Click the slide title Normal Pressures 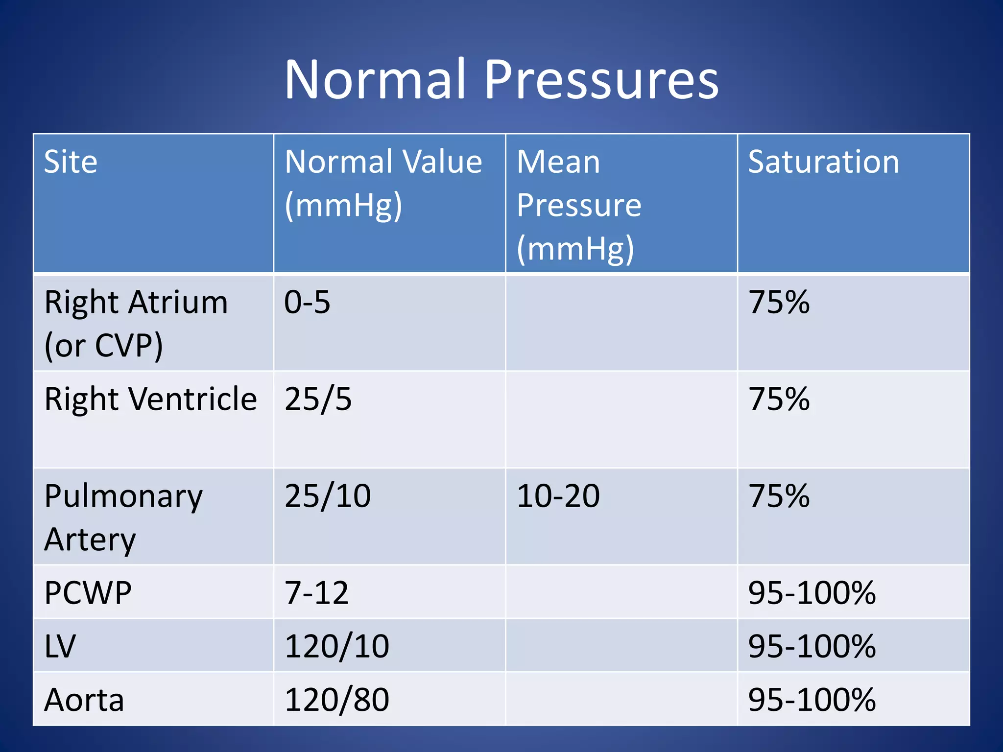501,80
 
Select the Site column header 71,162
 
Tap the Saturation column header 823,162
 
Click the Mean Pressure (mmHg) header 579,205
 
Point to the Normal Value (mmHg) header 383,183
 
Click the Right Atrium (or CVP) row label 136,323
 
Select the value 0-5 307,302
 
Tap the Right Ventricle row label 150,399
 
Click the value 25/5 318,399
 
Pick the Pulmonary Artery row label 123,517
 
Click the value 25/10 327,496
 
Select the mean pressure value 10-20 558,496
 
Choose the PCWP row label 88,593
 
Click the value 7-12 316,593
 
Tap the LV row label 60,646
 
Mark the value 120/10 336,646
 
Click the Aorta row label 84,700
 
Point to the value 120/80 336,700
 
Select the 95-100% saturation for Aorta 812,700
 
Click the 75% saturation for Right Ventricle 779,399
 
